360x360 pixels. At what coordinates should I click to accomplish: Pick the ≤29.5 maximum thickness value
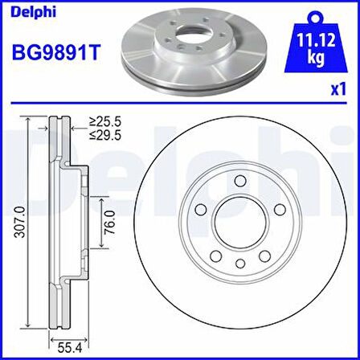106,137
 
